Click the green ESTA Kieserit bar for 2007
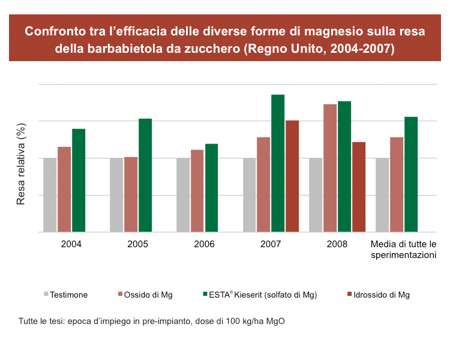coord(278,163)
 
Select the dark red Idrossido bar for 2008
coord(359,187)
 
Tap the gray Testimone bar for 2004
coord(50,195)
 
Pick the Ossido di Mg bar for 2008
coord(330,168)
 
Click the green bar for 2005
coord(145,175)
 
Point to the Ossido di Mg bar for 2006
coord(197,191)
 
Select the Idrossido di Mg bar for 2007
coord(292,176)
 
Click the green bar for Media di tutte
coord(411,174)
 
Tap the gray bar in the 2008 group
coord(316,195)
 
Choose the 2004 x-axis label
coord(71,245)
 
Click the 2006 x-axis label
coord(205,245)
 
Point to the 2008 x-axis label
coord(337,245)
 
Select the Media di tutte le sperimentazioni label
coord(403,250)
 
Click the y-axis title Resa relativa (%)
coord(22,164)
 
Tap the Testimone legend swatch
coord(46,295)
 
